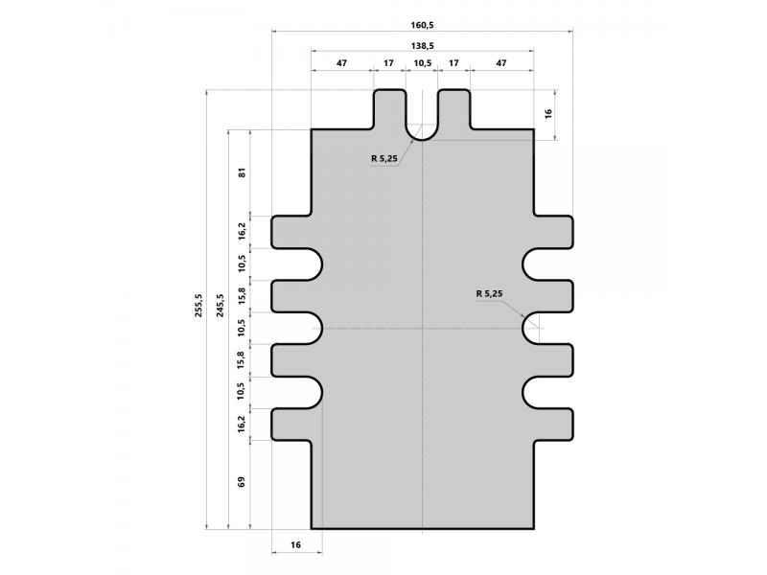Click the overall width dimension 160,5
pos(422,25)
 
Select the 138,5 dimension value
pos(422,45)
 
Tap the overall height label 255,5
pos(198,306)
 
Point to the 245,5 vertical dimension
pos(221,306)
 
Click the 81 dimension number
pos(242,172)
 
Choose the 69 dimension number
pos(242,482)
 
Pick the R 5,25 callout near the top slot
pos(384,158)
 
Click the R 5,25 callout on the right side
pos(489,293)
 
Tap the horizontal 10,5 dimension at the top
pos(422,63)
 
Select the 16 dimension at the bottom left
pos(295,544)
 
